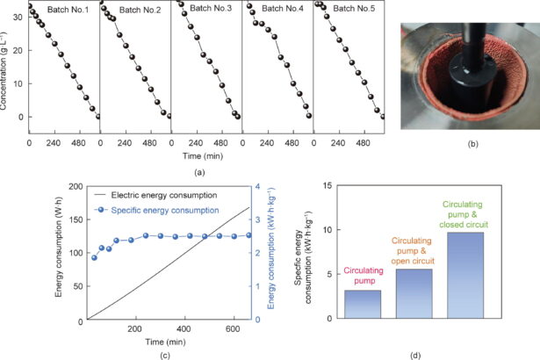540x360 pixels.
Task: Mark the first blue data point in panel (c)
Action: click(94, 257)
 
